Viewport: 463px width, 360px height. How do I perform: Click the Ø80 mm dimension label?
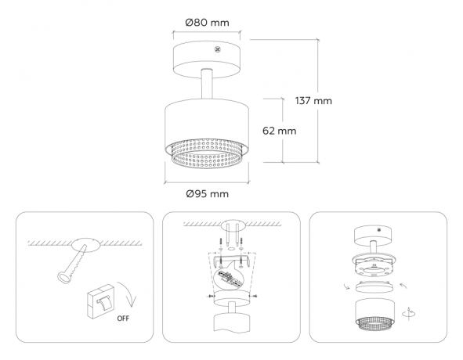click(208, 23)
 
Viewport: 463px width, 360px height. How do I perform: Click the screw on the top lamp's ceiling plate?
click(219, 49)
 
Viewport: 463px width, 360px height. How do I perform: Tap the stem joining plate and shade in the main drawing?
click(208, 85)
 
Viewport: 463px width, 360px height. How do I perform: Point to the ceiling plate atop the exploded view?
click(375, 234)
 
